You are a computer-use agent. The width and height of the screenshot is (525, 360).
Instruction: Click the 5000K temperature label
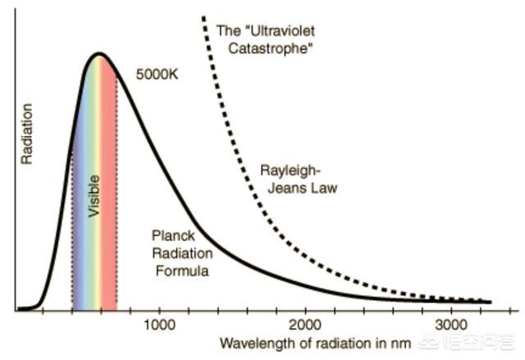click(x=157, y=74)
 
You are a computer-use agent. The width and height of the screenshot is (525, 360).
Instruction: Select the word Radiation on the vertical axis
click(x=27, y=134)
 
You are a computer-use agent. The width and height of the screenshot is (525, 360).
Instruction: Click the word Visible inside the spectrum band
click(x=94, y=195)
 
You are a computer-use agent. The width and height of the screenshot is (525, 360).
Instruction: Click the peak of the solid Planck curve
click(x=99, y=55)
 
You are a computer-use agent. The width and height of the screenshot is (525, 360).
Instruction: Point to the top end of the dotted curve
click(x=202, y=16)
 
